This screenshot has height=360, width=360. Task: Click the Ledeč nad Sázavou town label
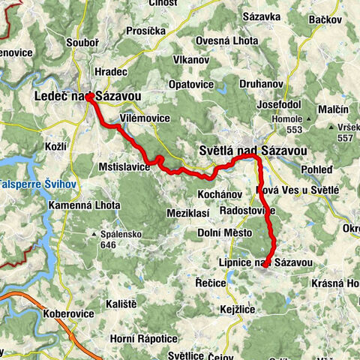pos(86,97)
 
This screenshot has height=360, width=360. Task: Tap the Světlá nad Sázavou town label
pos(252,151)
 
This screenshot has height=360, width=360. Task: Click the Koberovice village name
pos(69,314)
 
